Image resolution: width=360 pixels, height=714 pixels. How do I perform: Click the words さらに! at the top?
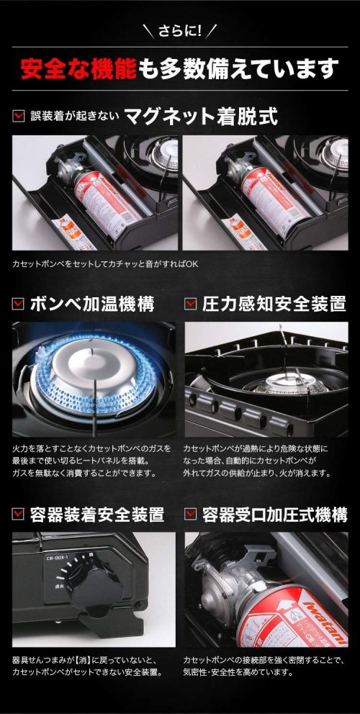(179, 30)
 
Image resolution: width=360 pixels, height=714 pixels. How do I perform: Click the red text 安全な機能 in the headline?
(78, 68)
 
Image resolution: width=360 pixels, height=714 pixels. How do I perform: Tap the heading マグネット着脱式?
(201, 117)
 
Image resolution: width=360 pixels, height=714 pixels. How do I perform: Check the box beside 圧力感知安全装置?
(191, 304)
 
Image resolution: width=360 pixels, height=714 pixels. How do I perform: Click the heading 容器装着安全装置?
(97, 515)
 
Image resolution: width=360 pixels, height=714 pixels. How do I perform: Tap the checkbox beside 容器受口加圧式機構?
(191, 515)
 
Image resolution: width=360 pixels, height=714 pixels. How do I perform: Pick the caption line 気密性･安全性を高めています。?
(238, 672)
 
